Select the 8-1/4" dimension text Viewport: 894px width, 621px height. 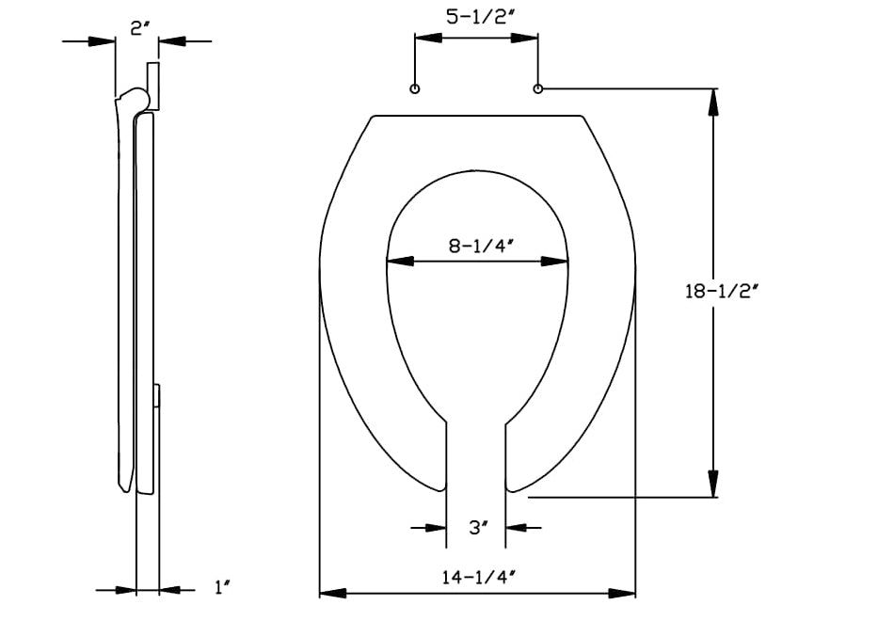478,247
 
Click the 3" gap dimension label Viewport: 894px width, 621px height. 476,529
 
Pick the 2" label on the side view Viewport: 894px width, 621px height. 138,28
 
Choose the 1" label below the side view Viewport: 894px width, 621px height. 222,589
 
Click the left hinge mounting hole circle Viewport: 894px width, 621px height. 415,89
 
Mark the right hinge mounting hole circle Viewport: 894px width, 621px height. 538,89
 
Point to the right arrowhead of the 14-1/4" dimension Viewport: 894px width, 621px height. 623,593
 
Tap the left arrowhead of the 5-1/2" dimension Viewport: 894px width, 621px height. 428,39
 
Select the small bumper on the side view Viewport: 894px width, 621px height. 159,396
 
